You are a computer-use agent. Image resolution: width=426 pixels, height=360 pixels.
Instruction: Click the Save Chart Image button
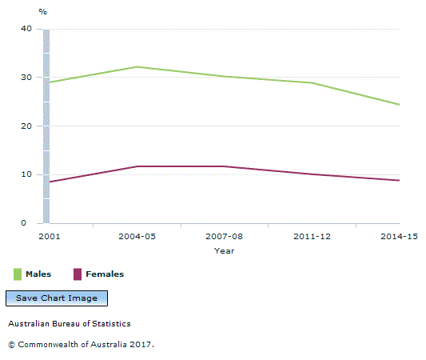click(x=57, y=298)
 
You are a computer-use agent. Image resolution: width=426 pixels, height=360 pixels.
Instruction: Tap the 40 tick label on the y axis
click(x=27, y=29)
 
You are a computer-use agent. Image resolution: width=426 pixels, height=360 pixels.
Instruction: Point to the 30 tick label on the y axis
click(x=27, y=78)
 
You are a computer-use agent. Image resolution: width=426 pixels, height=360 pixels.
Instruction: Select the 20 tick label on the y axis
click(x=27, y=126)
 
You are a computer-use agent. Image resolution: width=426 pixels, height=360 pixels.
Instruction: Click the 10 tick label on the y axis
click(x=27, y=174)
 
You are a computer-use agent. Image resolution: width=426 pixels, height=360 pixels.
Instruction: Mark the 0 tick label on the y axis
click(x=30, y=223)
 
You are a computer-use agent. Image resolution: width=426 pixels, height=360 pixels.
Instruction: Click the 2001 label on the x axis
click(x=46, y=237)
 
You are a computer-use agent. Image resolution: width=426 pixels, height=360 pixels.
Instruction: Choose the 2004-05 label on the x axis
click(x=137, y=237)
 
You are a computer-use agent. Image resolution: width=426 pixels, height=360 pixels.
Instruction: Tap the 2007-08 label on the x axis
click(x=225, y=237)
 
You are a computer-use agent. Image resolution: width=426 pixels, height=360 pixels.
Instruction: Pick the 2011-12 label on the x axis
click(x=313, y=237)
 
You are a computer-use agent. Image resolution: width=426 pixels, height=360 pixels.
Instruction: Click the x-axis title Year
click(x=224, y=250)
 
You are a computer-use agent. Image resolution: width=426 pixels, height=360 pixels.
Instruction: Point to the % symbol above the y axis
click(x=43, y=12)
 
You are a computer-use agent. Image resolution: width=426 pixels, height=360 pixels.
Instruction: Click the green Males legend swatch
click(x=17, y=274)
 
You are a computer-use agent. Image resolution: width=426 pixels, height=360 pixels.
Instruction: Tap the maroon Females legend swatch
click(x=78, y=274)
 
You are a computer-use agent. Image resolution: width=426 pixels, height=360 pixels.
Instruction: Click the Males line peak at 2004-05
click(x=137, y=67)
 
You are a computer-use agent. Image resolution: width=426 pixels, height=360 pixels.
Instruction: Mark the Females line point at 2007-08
click(x=225, y=166)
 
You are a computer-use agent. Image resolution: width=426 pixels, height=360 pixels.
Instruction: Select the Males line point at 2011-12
click(x=313, y=82)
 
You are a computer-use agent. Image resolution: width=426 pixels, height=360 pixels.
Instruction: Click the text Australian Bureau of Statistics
click(x=70, y=324)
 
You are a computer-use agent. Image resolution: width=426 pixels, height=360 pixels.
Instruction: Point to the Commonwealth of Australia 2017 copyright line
click(x=81, y=344)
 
